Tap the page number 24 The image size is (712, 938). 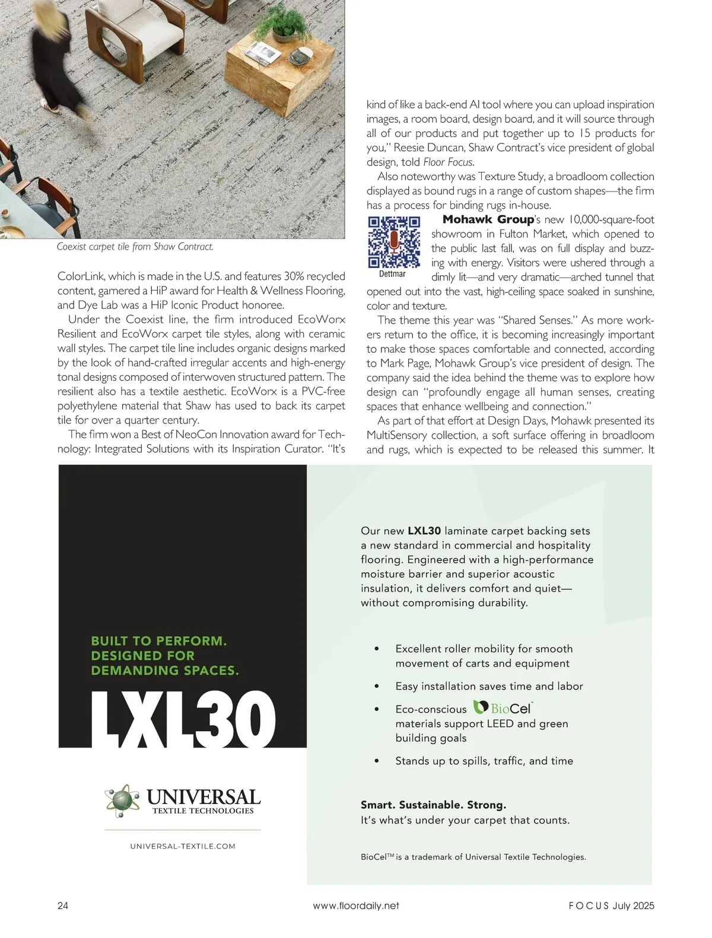pos(63,905)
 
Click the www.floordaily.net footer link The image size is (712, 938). pos(355,905)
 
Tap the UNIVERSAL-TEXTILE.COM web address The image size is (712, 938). pos(183,846)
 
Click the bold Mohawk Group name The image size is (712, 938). pos(488,219)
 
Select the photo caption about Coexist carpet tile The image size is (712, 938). pos(135,247)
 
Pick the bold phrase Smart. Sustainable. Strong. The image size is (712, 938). pos(434,805)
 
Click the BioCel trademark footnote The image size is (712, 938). pos(473,857)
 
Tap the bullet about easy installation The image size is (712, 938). pos(489,686)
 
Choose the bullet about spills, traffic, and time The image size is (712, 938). pos(484,761)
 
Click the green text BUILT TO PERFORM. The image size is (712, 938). pos(158,641)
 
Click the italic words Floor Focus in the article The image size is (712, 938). pos(448,162)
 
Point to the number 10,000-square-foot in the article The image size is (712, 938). pos(603,219)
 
